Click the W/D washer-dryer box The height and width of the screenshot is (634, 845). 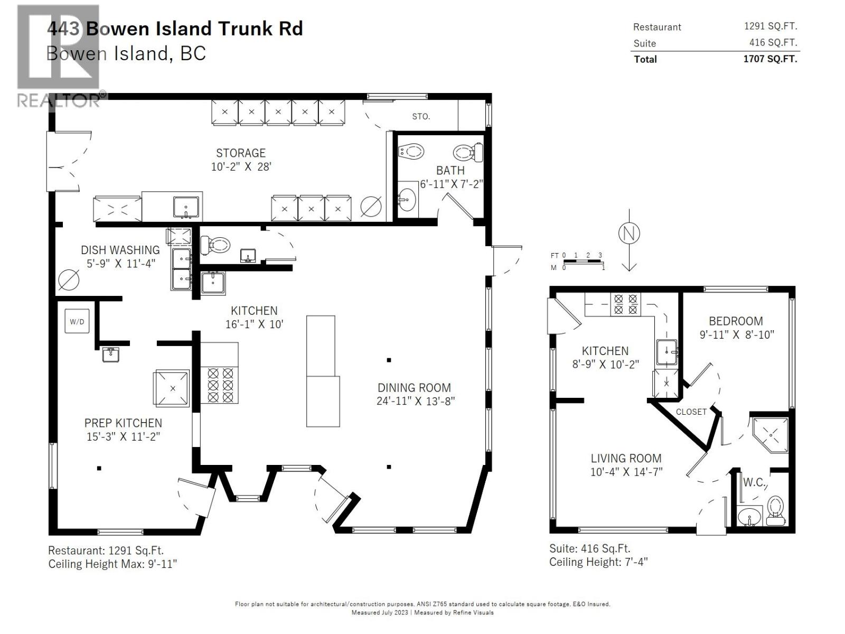77,321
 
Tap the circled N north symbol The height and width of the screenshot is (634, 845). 628,233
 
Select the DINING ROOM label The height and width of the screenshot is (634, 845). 414,388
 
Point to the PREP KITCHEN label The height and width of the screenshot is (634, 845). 123,423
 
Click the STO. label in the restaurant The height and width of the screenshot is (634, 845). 421,116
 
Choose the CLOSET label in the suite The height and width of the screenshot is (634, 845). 691,412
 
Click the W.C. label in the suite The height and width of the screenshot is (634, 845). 754,482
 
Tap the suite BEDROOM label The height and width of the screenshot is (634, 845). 736,321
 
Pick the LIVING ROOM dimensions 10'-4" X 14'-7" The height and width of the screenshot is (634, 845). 626,472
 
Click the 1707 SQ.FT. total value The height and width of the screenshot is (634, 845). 770,59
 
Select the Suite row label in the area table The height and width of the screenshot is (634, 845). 644,43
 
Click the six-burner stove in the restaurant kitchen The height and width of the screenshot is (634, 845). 219,385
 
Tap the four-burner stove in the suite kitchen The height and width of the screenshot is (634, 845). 625,304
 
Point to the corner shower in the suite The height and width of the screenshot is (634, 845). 770,435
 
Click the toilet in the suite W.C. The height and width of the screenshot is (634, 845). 775,510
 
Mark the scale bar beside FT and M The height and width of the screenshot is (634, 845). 581,262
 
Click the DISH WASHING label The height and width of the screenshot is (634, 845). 120,250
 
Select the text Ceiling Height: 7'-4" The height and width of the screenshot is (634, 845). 598,562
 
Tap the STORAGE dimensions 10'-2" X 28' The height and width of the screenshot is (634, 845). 241,166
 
